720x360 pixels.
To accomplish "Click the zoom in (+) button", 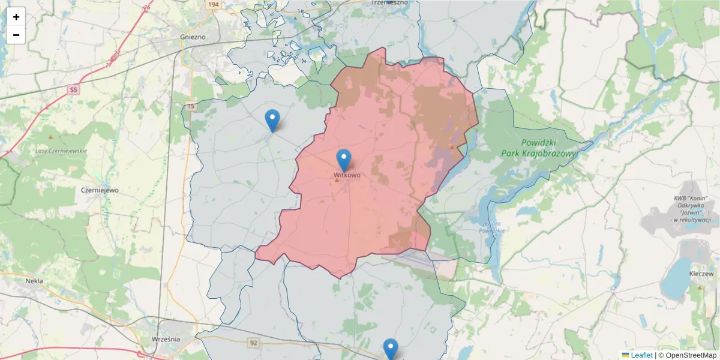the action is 16,17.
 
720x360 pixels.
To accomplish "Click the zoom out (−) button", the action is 16,35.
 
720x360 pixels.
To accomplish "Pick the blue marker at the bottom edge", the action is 391,349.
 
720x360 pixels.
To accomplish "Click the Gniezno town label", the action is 193,37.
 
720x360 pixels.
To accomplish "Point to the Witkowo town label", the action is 347,175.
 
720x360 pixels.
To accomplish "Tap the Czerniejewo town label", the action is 99,190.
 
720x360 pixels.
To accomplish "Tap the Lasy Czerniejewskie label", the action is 62,151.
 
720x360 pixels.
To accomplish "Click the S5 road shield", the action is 73,90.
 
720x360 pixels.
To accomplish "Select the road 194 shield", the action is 213,4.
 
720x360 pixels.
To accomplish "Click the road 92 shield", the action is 254,343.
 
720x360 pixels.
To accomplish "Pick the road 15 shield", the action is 191,106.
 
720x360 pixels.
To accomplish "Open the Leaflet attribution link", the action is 641,355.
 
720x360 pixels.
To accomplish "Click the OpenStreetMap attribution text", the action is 691,355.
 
